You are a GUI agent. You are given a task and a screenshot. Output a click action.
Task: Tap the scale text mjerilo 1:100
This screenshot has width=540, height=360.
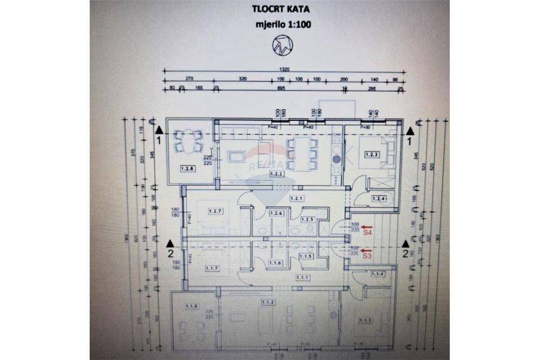pyautogui.click(x=284, y=24)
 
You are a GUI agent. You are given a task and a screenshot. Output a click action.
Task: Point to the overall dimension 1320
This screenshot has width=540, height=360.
pyautogui.click(x=285, y=70)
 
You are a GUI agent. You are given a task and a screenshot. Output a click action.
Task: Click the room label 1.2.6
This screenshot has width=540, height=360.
pyautogui.click(x=276, y=214)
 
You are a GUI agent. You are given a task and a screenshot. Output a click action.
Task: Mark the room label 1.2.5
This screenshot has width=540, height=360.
pyautogui.click(x=307, y=219)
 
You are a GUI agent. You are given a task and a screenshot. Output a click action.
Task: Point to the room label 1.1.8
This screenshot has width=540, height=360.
pyautogui.click(x=192, y=307)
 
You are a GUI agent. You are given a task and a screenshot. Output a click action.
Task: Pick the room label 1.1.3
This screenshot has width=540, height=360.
pyautogui.click(x=365, y=320)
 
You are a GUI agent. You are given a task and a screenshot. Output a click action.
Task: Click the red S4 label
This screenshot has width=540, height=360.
pyautogui.click(x=367, y=233)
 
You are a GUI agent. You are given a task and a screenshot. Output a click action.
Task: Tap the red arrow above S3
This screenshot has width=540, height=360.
pyautogui.click(x=366, y=251)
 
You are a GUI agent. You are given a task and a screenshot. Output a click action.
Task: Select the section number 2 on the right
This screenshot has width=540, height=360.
pyautogui.click(x=405, y=252)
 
